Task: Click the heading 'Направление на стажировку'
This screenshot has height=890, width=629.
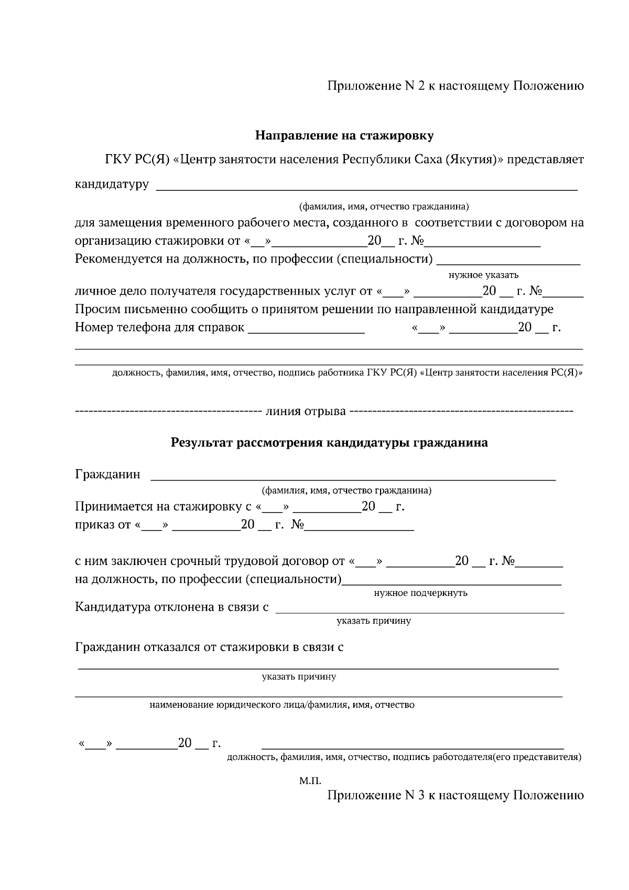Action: [x=344, y=136]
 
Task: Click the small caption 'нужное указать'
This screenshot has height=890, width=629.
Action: [x=483, y=275]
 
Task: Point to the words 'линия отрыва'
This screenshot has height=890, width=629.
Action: [x=306, y=411]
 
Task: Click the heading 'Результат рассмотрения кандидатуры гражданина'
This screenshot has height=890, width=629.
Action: [x=329, y=443]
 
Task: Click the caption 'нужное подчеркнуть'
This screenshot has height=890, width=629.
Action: [x=420, y=593]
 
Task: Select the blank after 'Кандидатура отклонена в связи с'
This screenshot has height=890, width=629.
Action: [x=419, y=609]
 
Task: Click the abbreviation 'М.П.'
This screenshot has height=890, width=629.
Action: [x=310, y=781]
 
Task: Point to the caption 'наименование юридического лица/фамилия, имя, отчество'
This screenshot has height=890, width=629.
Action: [x=282, y=705]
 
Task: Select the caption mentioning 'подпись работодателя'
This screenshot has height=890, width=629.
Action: [x=404, y=757]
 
